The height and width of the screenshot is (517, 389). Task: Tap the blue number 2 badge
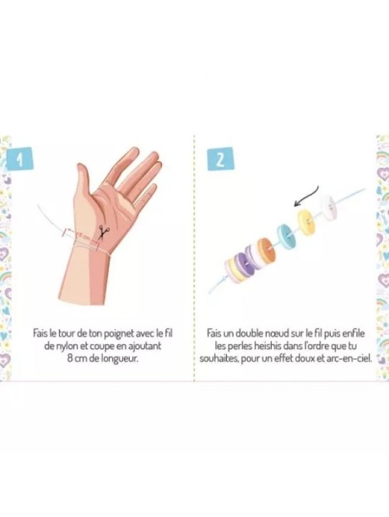pos(220,159)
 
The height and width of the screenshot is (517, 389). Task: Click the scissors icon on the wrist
pos(104,232)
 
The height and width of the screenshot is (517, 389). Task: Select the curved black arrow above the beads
pos(307,198)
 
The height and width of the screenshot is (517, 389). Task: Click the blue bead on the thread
pos(287,236)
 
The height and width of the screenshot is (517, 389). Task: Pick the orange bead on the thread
pos(266,249)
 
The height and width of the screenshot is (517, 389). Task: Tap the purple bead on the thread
pos(243,263)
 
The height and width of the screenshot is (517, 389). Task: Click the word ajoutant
pos(145,347)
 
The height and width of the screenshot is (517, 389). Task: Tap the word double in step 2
pos(250,333)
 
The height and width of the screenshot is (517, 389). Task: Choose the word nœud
pos(277,333)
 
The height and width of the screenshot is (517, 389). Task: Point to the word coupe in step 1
pos(104,347)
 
